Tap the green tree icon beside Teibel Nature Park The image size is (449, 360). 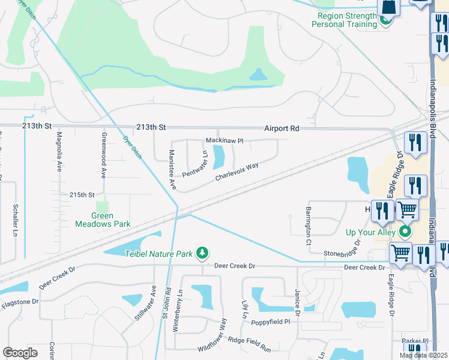(203, 254)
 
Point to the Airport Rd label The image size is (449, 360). (282, 128)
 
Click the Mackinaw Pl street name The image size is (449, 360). (224, 140)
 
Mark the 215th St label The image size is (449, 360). (82, 195)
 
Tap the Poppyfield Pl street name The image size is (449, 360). (270, 322)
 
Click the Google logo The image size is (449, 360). (20, 352)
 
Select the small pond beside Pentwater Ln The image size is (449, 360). (219, 158)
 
